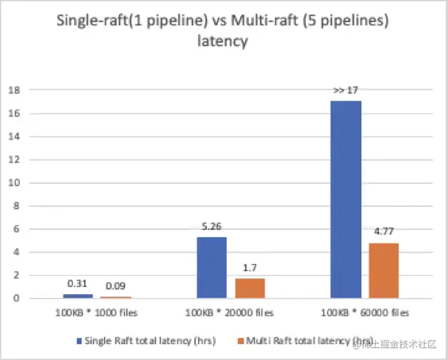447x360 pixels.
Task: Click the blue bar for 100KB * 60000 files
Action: (x=346, y=199)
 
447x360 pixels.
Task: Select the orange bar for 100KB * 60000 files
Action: (x=384, y=270)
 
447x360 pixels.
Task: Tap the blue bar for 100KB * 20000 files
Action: (x=212, y=267)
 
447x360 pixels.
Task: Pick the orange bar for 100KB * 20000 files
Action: (x=250, y=289)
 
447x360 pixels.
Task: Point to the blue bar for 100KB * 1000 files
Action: (x=78, y=297)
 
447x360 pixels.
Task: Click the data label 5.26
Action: (x=212, y=227)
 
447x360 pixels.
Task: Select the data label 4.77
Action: (x=384, y=232)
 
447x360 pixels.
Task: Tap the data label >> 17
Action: (x=346, y=90)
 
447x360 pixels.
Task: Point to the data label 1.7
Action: (x=250, y=268)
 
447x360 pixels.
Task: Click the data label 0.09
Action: (x=116, y=285)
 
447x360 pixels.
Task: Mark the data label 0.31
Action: (x=77, y=284)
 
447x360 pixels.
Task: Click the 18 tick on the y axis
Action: (x=14, y=90)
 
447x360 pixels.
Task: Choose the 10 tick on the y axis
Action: (x=14, y=182)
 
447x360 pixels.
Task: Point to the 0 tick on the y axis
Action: (x=17, y=298)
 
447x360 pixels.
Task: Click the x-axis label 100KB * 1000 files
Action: (x=97, y=312)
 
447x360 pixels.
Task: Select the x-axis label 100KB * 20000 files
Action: (x=230, y=312)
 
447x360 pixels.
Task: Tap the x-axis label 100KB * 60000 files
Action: (x=365, y=312)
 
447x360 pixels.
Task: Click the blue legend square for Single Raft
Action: (x=79, y=341)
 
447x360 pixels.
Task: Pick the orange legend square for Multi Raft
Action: (x=241, y=341)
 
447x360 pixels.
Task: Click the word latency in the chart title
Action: (x=223, y=41)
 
